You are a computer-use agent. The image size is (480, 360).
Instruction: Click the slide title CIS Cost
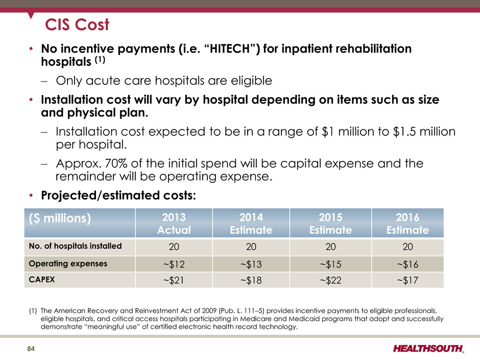[x=77, y=24]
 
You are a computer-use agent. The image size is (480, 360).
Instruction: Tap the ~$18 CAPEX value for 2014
[x=251, y=280]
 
